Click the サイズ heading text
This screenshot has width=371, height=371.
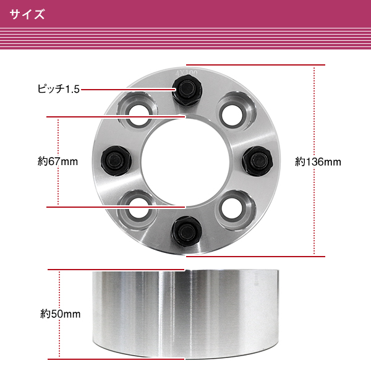click(x=27, y=14)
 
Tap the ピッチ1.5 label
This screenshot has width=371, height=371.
click(x=59, y=89)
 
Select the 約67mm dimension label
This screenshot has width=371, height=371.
click(x=58, y=161)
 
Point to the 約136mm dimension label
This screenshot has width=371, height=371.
click(x=318, y=162)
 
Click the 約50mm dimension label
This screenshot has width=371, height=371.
click(x=61, y=314)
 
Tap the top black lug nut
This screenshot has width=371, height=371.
click(x=187, y=90)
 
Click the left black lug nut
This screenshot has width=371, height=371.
click(x=116, y=161)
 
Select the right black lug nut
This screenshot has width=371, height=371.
click(x=257, y=161)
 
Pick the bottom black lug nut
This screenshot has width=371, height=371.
click(x=187, y=231)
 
